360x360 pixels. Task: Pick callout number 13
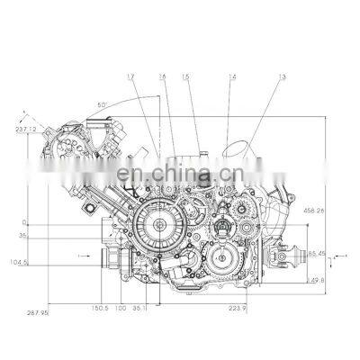pyautogui.click(x=256, y=79)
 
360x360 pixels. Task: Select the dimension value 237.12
pyautogui.click(x=26, y=128)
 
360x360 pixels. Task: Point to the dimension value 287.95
pyautogui.click(x=36, y=312)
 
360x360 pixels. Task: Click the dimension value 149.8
pyautogui.click(x=316, y=280)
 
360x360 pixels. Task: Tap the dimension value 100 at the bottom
pyautogui.click(x=121, y=308)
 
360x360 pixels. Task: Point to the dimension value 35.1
pyautogui.click(x=139, y=308)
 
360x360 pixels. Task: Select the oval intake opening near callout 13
pyautogui.click(x=237, y=149)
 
